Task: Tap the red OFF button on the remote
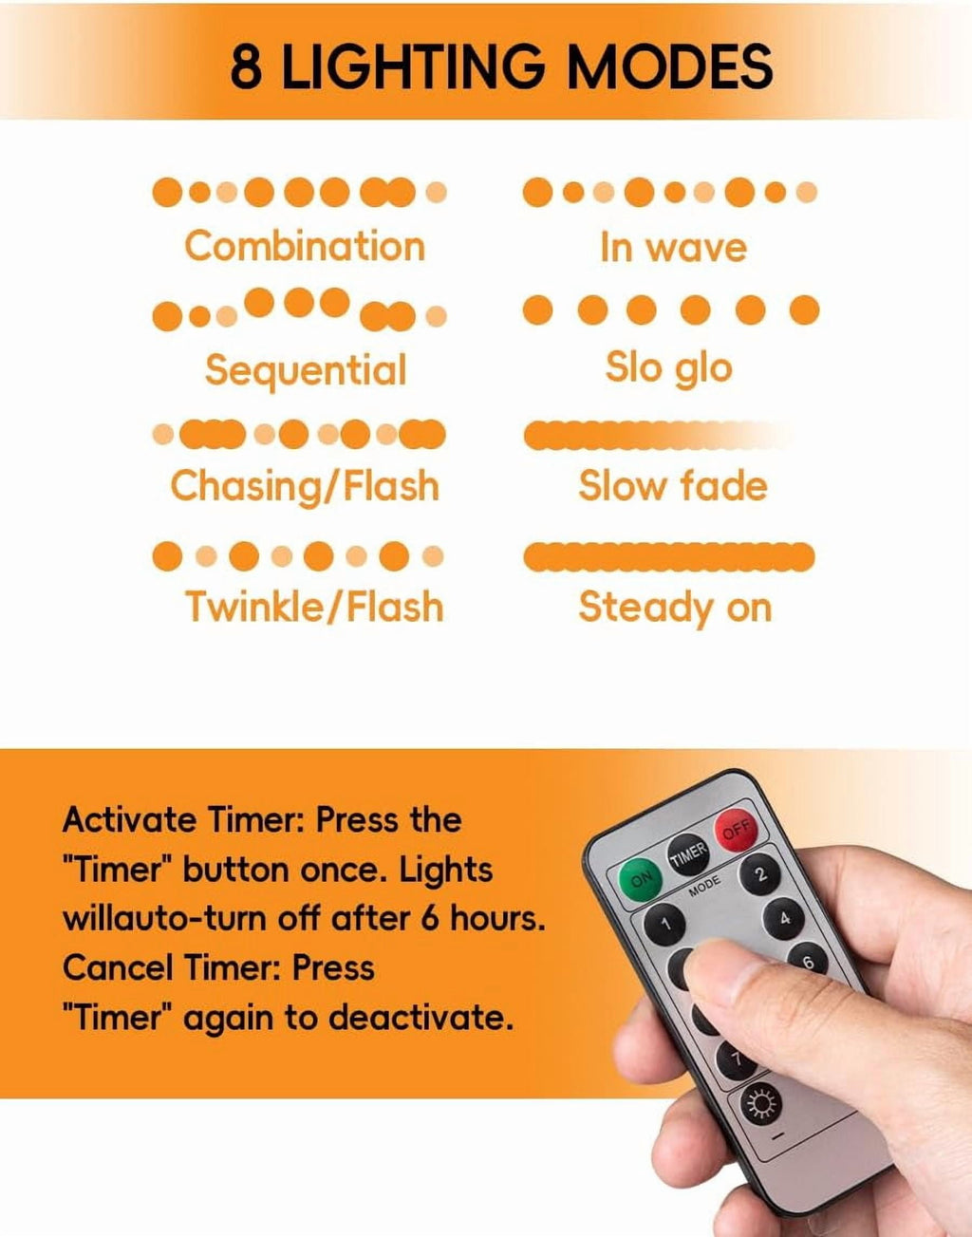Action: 737,830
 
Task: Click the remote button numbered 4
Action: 784,918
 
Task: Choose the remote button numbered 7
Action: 737,1059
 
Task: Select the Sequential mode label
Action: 306,370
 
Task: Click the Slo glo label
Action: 668,368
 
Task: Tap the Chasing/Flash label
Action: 305,487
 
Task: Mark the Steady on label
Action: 676,607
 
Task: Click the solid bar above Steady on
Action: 669,556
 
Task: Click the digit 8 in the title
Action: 247,66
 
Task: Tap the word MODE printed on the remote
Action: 704,886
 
